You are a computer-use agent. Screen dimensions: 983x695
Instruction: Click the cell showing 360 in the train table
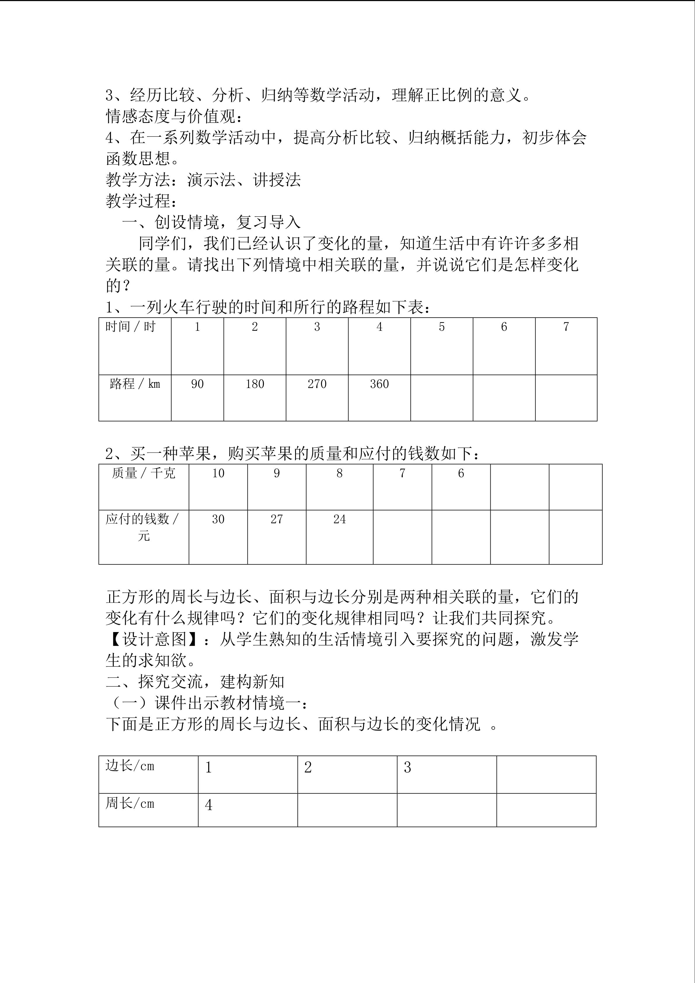click(379, 384)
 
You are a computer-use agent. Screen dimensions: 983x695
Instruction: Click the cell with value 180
click(255, 384)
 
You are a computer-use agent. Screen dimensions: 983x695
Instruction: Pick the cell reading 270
click(317, 384)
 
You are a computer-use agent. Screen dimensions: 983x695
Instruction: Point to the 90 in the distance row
click(197, 384)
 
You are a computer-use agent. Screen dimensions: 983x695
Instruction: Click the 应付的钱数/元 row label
click(143, 527)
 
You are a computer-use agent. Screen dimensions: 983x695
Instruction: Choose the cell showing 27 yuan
click(276, 519)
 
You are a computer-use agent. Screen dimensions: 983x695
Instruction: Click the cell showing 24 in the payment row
click(339, 519)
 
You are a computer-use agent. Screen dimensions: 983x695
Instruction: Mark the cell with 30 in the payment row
click(218, 519)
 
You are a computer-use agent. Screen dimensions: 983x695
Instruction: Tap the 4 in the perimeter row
click(209, 805)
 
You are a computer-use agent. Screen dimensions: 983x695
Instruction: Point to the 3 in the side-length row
click(407, 768)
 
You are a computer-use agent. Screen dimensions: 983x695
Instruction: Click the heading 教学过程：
click(141, 201)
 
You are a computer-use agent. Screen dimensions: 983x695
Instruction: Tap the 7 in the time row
click(566, 327)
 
